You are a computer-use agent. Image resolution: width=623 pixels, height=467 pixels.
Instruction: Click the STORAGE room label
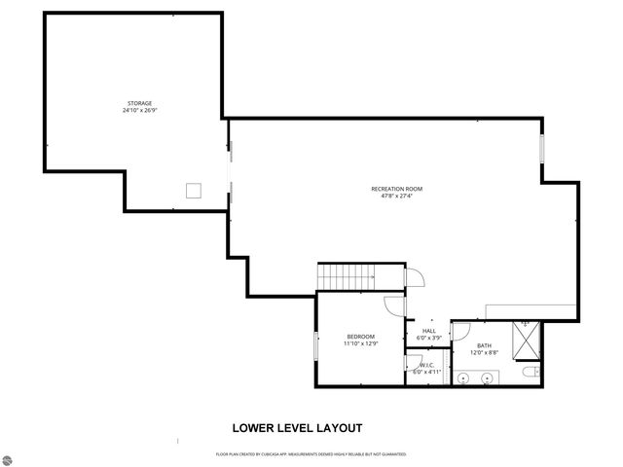139,103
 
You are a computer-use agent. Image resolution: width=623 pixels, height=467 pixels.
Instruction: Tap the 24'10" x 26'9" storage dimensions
139,110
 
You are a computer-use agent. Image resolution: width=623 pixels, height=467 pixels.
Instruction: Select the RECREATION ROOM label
396,188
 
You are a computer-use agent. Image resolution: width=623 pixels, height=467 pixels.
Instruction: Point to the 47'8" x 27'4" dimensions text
396,196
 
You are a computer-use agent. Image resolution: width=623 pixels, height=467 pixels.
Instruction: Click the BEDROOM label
360,337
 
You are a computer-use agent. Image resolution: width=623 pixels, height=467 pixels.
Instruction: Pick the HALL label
428,331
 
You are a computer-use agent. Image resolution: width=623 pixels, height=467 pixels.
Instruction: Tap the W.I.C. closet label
427,365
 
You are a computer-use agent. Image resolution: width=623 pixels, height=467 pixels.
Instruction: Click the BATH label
484,345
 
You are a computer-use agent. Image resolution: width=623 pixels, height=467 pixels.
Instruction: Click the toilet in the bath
529,374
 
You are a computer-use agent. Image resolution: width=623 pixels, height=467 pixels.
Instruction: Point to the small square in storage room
195,189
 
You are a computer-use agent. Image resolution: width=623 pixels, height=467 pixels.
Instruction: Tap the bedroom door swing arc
394,305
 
